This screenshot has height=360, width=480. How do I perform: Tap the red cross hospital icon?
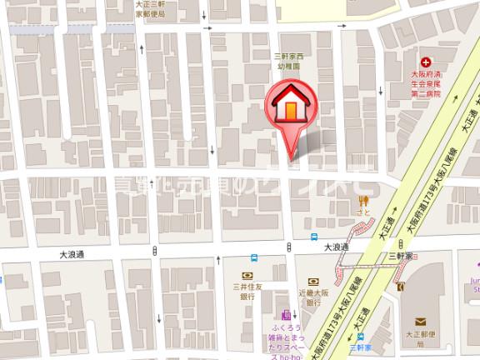(426, 62)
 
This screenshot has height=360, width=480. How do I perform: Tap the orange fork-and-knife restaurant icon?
(362, 199)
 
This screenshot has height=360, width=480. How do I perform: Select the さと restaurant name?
(362, 212)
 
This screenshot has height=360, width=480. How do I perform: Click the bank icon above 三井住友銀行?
(247, 275)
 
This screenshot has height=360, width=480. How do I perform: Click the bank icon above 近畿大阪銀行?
(313, 282)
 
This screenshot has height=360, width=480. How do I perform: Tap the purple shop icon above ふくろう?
(286, 315)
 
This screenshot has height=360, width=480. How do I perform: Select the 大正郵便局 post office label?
(420, 337)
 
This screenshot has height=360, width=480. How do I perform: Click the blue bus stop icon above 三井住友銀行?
(253, 258)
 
